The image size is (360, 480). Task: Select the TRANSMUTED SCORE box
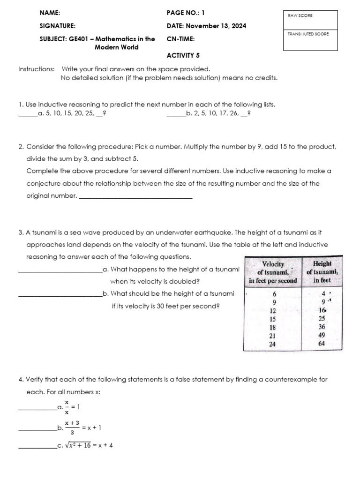pyautogui.click(x=310, y=39)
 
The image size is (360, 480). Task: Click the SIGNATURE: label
pyautogui.click(x=58, y=26)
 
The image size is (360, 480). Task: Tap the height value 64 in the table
pyautogui.click(x=321, y=344)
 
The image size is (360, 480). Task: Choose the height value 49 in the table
pyautogui.click(x=321, y=336)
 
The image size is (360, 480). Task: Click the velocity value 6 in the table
pyautogui.click(x=274, y=293)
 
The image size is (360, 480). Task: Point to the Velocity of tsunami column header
pyautogui.click(x=273, y=272)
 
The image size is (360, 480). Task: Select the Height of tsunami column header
pyautogui.click(x=322, y=272)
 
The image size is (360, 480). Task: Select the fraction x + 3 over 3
pyautogui.click(x=72, y=427)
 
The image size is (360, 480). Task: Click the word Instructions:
pyautogui.click(x=36, y=69)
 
